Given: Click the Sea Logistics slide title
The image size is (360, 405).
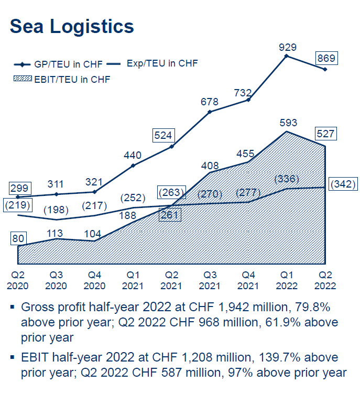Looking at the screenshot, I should coord(72,26).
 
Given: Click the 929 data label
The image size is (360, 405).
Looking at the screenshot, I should coord(287,47).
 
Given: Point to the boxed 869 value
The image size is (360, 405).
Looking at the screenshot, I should coord(325,58).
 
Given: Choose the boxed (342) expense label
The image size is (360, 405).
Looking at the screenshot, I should coord(343,184).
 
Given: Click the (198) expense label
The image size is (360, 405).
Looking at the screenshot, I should coord(56,210).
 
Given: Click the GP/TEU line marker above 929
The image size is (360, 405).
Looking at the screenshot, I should coord(287,56).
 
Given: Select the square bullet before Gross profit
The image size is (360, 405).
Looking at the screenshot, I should coord(12,306).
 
